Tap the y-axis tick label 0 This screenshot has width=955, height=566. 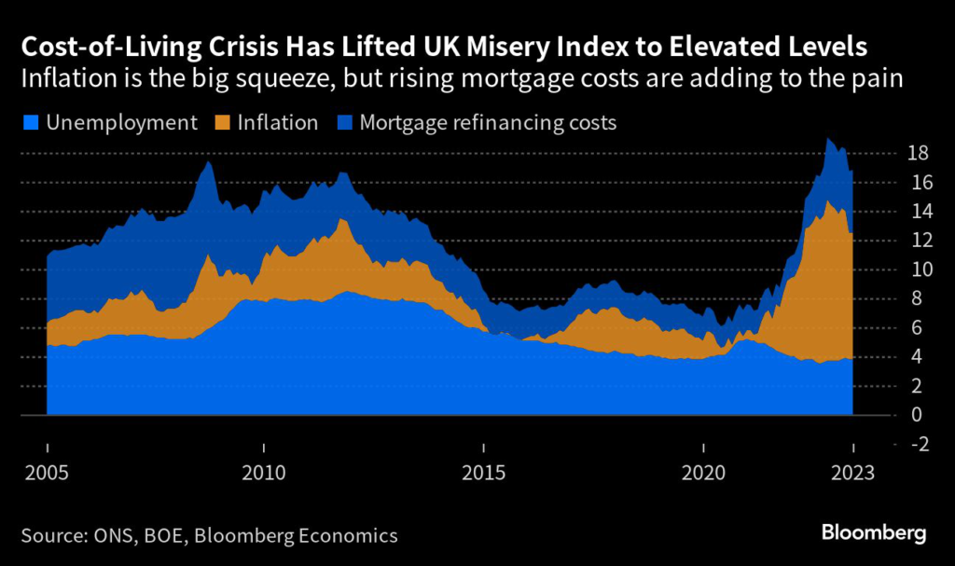tap(893, 415)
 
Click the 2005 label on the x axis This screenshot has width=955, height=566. tap(47, 472)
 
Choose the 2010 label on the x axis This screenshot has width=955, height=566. tap(264, 472)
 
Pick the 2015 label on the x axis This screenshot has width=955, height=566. tap(483, 472)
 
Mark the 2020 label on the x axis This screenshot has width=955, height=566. tap(700, 472)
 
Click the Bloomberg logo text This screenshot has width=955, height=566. tap(874, 533)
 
